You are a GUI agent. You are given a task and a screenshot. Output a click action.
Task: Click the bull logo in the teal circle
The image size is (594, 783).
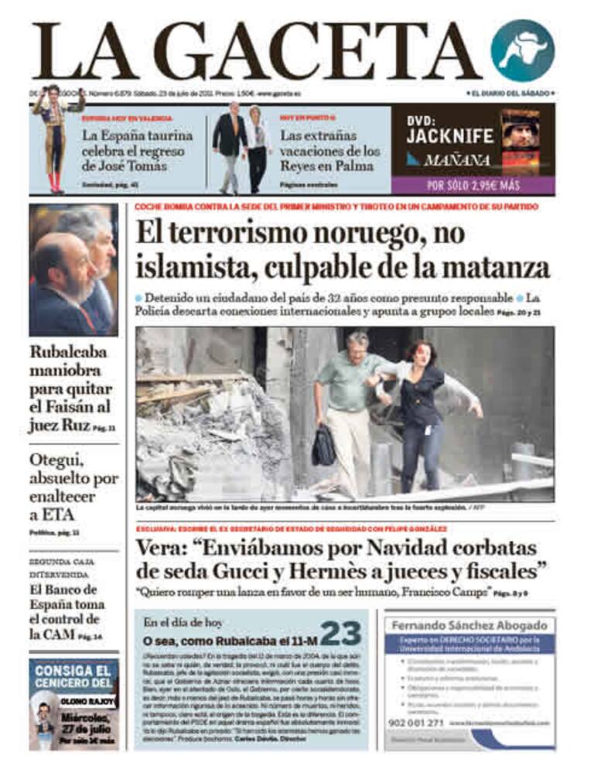(522, 51)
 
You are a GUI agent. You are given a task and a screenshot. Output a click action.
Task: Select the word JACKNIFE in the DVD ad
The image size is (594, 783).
(450, 136)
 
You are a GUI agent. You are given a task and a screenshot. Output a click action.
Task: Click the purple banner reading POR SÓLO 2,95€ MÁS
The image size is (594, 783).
(473, 186)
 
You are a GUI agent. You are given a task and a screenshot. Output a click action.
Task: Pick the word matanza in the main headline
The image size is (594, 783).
(504, 267)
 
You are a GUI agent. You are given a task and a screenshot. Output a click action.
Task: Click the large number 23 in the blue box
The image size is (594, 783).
(340, 634)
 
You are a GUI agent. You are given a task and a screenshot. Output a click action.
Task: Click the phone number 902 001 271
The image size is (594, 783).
(415, 722)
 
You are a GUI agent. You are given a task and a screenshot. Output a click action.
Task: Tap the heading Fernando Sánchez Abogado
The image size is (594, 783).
(469, 624)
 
